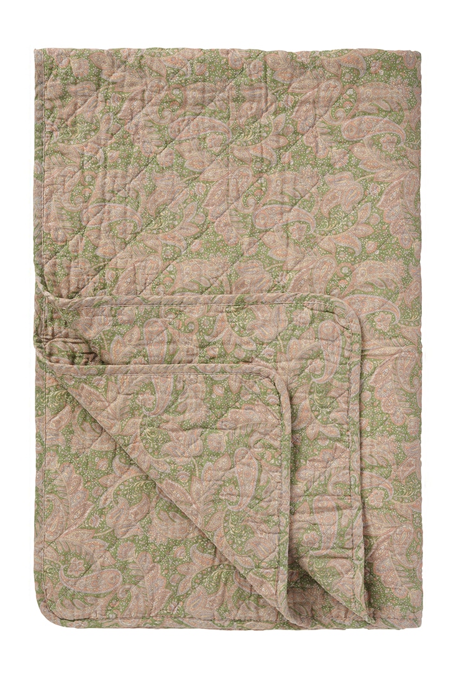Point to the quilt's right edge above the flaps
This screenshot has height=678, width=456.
pyautogui.click(x=421, y=186)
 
